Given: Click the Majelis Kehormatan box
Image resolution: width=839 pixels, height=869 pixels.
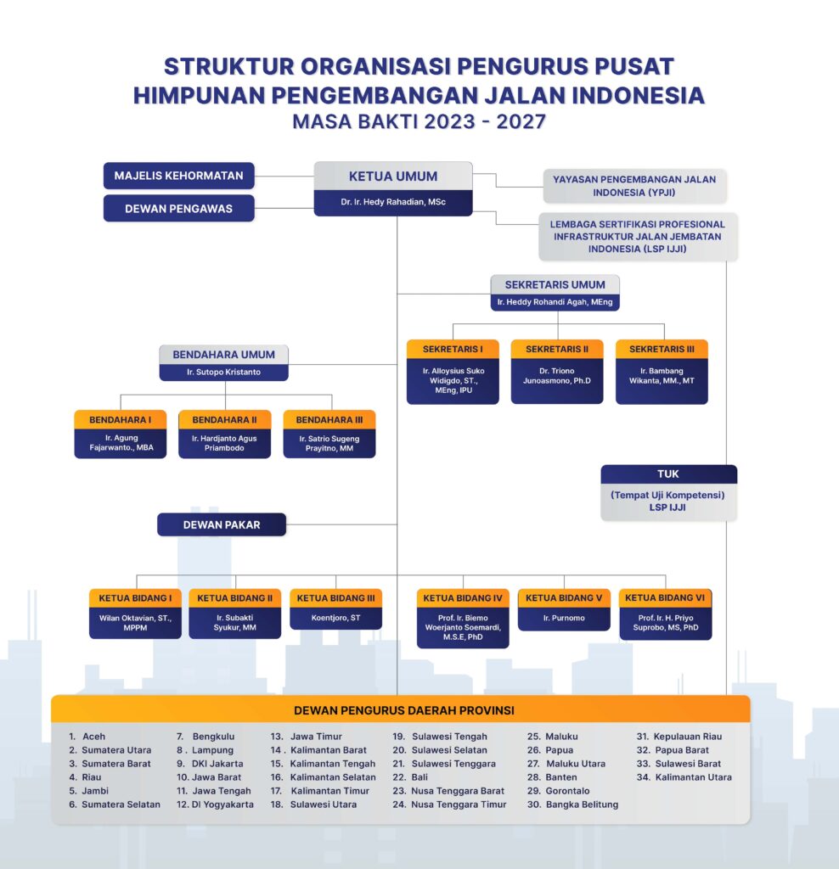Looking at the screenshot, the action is pos(178,176).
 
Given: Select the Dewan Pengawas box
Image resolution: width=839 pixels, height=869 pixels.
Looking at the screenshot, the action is pos(178,209).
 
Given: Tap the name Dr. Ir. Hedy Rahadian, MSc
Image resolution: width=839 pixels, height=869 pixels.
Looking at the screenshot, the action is pos(393,202).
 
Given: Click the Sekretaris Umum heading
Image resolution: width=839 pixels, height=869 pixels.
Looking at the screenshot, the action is pos(555,285).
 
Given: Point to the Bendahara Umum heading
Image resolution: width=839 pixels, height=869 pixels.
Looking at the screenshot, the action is pos(223,355).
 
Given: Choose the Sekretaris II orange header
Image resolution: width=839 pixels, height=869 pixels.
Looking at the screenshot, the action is pos(557,349).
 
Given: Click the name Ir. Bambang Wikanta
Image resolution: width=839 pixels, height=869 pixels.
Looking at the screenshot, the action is pos(662,376).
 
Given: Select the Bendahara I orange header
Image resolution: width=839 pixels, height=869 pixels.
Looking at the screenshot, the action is pos(121,420).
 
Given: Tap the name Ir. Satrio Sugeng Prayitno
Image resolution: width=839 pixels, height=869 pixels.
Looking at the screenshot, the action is pos(329,443).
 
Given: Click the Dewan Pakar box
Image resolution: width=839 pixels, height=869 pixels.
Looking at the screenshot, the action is pos(222,524).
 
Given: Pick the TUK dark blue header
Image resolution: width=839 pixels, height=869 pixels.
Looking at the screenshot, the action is pos(669,474).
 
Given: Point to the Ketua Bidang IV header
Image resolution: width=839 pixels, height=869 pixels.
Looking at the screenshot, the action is pos(463,598).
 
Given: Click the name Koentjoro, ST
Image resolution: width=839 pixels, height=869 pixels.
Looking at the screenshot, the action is pos(335,618).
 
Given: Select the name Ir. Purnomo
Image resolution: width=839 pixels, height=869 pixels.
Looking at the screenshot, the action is pos(564,618).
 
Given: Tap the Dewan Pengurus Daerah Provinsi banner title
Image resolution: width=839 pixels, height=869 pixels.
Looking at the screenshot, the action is pos(404,710).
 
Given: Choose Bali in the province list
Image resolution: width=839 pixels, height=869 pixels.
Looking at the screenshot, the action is pos(419,777).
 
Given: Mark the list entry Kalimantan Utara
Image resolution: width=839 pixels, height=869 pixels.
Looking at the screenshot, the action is pos(694,777).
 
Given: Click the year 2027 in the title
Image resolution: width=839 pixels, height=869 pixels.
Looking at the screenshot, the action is pos(521,121).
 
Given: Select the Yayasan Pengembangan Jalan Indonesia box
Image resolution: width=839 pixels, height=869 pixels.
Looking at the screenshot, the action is pos(634,186).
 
